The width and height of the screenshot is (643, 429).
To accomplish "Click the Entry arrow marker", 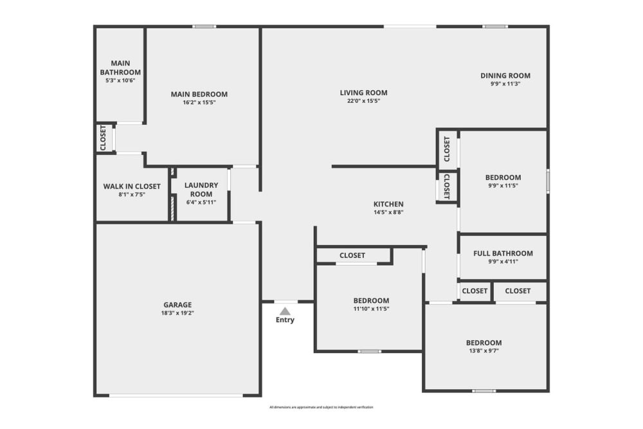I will (285, 311).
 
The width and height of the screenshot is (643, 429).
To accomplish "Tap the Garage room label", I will (177, 305).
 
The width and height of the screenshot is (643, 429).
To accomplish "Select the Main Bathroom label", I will (120, 68).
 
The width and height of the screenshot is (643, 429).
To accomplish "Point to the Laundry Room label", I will (201, 189).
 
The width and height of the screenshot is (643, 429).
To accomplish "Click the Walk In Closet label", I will (132, 187).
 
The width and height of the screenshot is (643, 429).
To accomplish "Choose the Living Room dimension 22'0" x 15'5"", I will (364, 101).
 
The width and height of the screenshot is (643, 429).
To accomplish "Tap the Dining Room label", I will (505, 75).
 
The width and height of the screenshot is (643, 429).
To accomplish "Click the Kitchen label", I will (389, 203).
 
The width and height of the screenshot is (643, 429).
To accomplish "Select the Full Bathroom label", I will (503, 253).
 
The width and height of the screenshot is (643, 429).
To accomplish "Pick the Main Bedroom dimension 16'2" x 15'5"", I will (199, 102).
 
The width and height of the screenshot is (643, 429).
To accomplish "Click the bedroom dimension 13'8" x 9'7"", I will (484, 351).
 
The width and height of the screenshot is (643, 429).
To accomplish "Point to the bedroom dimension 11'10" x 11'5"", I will (371, 309).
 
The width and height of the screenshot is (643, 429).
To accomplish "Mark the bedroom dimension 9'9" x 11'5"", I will (503, 186).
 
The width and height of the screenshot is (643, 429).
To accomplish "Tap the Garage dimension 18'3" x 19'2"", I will (177, 313).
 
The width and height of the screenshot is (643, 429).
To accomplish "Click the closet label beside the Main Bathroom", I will (103, 138).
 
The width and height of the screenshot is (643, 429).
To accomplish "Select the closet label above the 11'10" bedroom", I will (352, 255).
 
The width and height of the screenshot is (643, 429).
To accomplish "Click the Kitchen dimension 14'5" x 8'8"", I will (389, 212).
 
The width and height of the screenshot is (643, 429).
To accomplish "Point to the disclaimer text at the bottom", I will (321, 407).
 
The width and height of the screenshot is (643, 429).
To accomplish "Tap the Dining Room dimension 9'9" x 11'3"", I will (505, 84).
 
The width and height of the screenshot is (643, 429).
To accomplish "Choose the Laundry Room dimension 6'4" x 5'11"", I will (201, 202).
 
